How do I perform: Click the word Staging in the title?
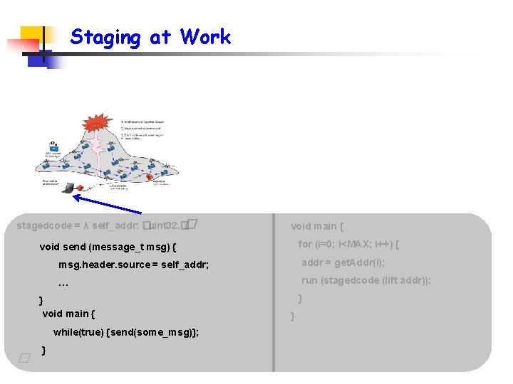point(105,37)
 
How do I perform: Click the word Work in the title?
point(205,36)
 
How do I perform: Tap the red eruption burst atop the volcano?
point(95,124)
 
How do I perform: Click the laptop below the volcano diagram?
point(69,187)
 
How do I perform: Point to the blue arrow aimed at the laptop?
point(107,204)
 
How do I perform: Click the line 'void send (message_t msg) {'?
point(108,247)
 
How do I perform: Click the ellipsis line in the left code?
point(63,284)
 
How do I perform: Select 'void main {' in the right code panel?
point(317,226)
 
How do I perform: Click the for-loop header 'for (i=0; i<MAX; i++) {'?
point(348,244)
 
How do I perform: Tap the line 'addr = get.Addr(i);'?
point(343,262)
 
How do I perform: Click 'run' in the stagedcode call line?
point(310,280)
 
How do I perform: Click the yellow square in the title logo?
point(32,37)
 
